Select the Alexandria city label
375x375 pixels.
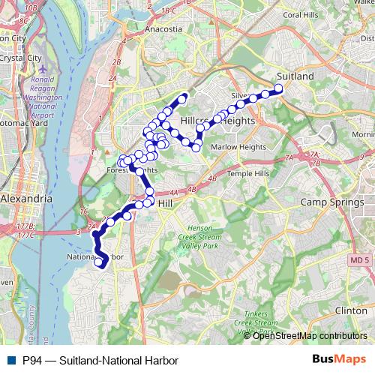click(x=26, y=199)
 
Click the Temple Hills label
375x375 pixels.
click(x=247, y=173)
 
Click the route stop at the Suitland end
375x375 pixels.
click(x=278, y=88)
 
